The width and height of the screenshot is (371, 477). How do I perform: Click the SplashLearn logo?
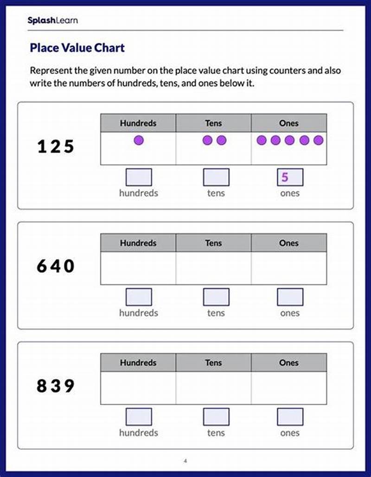52,20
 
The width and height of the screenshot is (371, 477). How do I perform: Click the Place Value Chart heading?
77,48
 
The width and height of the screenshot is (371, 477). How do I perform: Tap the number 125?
55,147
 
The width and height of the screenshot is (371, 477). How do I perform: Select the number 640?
55,266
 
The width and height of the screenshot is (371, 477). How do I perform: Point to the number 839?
55,386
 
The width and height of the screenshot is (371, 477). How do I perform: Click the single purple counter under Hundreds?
138,140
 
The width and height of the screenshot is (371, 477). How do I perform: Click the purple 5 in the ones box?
285,177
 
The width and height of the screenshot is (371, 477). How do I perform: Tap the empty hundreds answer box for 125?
139,177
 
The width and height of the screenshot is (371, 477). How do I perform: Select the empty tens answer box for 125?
216,177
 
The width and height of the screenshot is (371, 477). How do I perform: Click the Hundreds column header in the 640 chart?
138,243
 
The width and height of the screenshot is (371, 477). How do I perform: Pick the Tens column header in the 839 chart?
213,362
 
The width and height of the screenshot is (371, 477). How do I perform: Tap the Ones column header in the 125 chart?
288,123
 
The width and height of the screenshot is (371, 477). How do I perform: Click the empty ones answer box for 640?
290,297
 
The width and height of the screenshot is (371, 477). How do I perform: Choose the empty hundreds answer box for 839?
139,417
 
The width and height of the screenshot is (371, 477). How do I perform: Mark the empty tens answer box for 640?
216,297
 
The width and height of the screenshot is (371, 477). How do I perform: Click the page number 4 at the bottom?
185,461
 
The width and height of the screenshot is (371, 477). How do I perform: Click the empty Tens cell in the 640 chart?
213,268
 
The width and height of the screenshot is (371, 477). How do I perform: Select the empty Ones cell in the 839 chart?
288,388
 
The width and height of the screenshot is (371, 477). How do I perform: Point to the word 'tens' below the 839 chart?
216,432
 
